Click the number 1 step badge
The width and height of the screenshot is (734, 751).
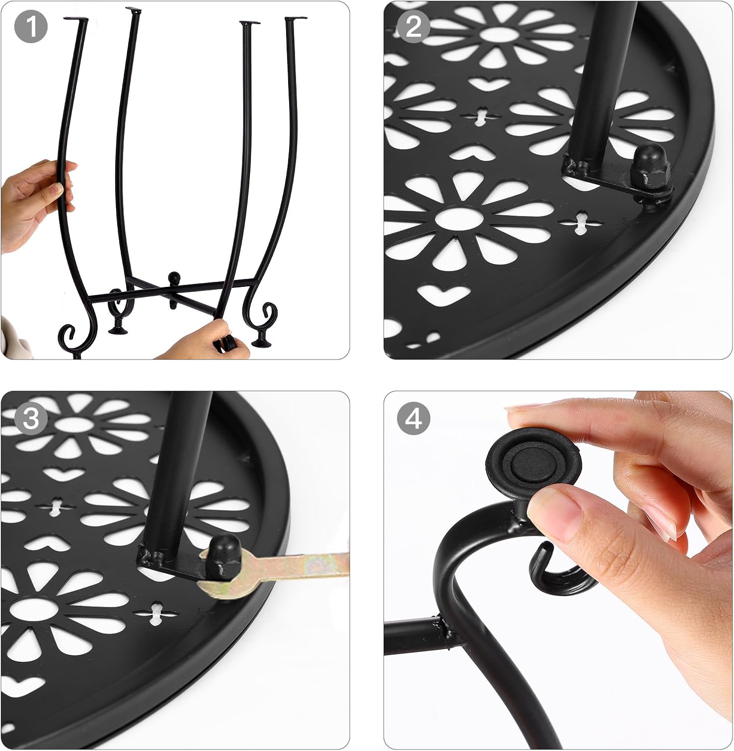coord(31,26)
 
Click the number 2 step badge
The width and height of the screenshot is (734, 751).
coord(413,26)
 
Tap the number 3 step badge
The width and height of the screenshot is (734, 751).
coord(31,418)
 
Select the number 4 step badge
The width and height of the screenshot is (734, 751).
coord(413,418)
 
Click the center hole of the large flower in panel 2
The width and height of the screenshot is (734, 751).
coord(459,219)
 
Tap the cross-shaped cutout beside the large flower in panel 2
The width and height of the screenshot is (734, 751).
coord(581,222)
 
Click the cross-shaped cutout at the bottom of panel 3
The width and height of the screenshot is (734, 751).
coord(156,614)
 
